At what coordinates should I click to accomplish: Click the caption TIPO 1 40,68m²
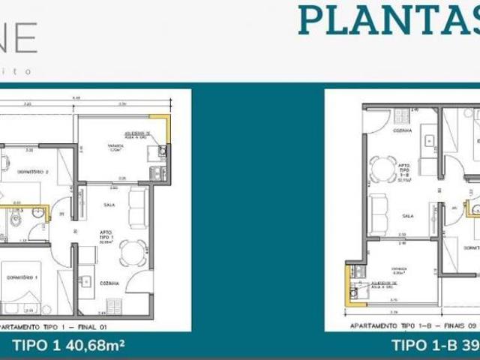[68, 345]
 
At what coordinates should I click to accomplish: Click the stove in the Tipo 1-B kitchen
[402, 116]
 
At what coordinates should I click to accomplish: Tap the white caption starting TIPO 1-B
[435, 345]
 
